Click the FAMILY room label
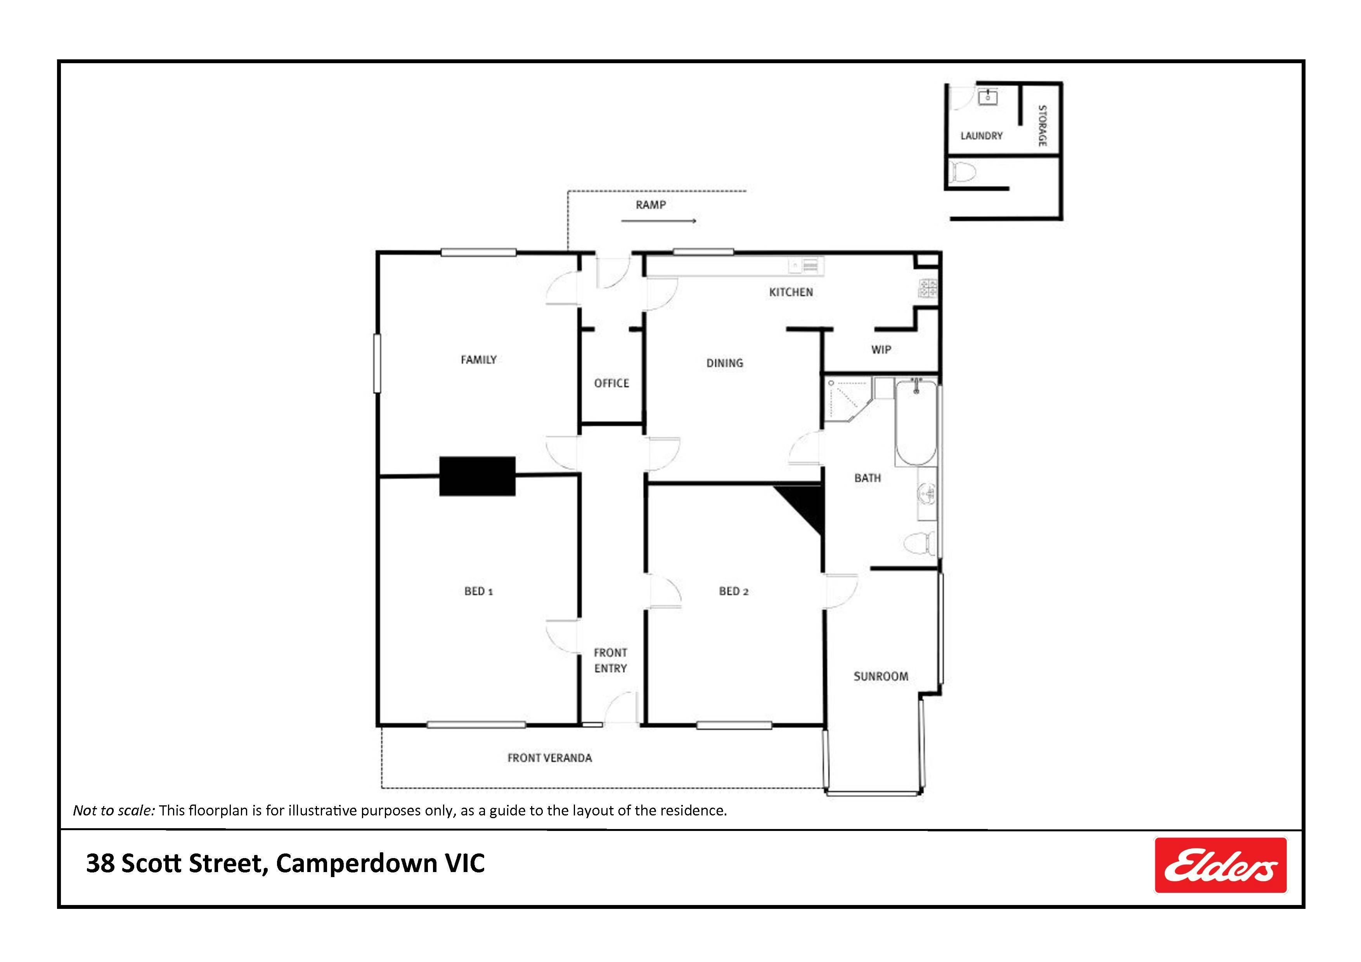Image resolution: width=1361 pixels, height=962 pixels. click(478, 359)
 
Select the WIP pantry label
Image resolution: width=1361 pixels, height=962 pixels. click(881, 349)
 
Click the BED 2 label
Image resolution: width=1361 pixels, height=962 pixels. click(734, 591)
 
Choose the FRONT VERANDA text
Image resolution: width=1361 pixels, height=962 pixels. click(549, 758)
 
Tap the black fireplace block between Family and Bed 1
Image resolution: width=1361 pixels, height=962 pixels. click(477, 476)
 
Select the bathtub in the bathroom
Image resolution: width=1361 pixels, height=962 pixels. click(916, 423)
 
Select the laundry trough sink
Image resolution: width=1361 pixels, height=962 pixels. click(987, 97)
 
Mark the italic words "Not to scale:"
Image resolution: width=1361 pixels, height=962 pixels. click(114, 810)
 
